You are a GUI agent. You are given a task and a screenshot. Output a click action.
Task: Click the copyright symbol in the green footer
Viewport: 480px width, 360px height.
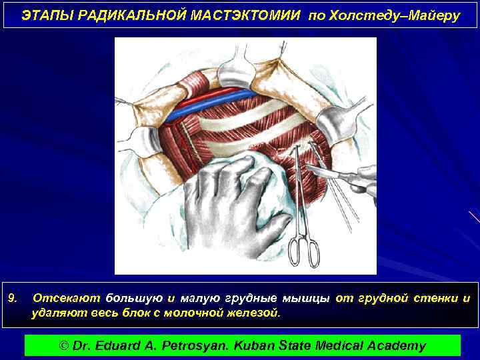click(65, 345)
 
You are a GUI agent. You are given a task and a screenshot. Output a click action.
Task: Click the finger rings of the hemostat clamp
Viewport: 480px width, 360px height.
click(305, 252)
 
